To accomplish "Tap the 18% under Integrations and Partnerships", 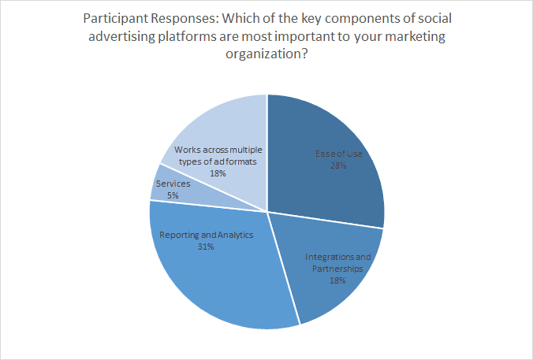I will click(x=337, y=280).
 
